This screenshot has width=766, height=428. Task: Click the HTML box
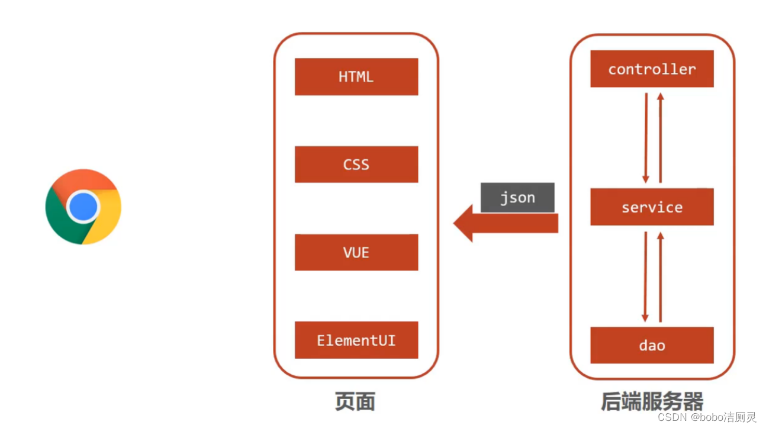356,77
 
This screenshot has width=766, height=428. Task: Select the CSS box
356,165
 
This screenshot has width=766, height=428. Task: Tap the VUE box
356,253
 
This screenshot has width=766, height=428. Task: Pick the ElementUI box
356,340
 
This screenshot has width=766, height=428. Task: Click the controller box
652,69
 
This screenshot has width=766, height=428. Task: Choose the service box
652,207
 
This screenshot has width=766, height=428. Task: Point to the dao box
652,345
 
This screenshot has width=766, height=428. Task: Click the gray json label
517,198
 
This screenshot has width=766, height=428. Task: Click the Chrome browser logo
83,207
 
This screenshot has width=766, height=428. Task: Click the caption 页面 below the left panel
355,402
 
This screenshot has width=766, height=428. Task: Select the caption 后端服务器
652,402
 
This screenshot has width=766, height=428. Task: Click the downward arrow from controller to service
646,137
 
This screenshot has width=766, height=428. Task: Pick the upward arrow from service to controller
660,137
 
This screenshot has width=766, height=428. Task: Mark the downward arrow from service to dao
646,276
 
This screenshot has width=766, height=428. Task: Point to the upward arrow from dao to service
660,276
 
